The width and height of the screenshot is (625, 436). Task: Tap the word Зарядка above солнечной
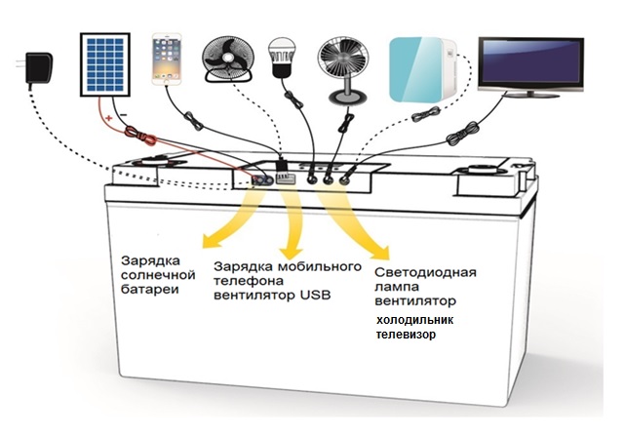(147, 262)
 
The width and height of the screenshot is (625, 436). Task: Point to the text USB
(310, 295)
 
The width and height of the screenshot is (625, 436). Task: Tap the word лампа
(394, 288)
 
